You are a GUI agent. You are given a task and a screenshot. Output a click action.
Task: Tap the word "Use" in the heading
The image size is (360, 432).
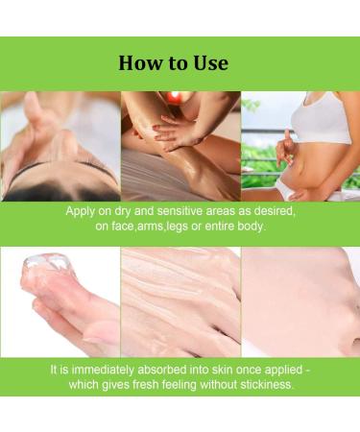210,62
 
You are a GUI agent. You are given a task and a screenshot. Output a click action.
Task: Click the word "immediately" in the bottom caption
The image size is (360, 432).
103,370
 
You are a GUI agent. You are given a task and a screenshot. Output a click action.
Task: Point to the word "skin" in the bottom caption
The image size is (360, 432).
221,370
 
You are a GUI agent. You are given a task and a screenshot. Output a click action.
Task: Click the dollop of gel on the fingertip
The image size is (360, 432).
48,261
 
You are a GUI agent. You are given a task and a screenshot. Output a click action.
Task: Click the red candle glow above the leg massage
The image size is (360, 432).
175,97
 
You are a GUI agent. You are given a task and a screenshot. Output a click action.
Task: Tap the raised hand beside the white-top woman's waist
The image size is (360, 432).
286,146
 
